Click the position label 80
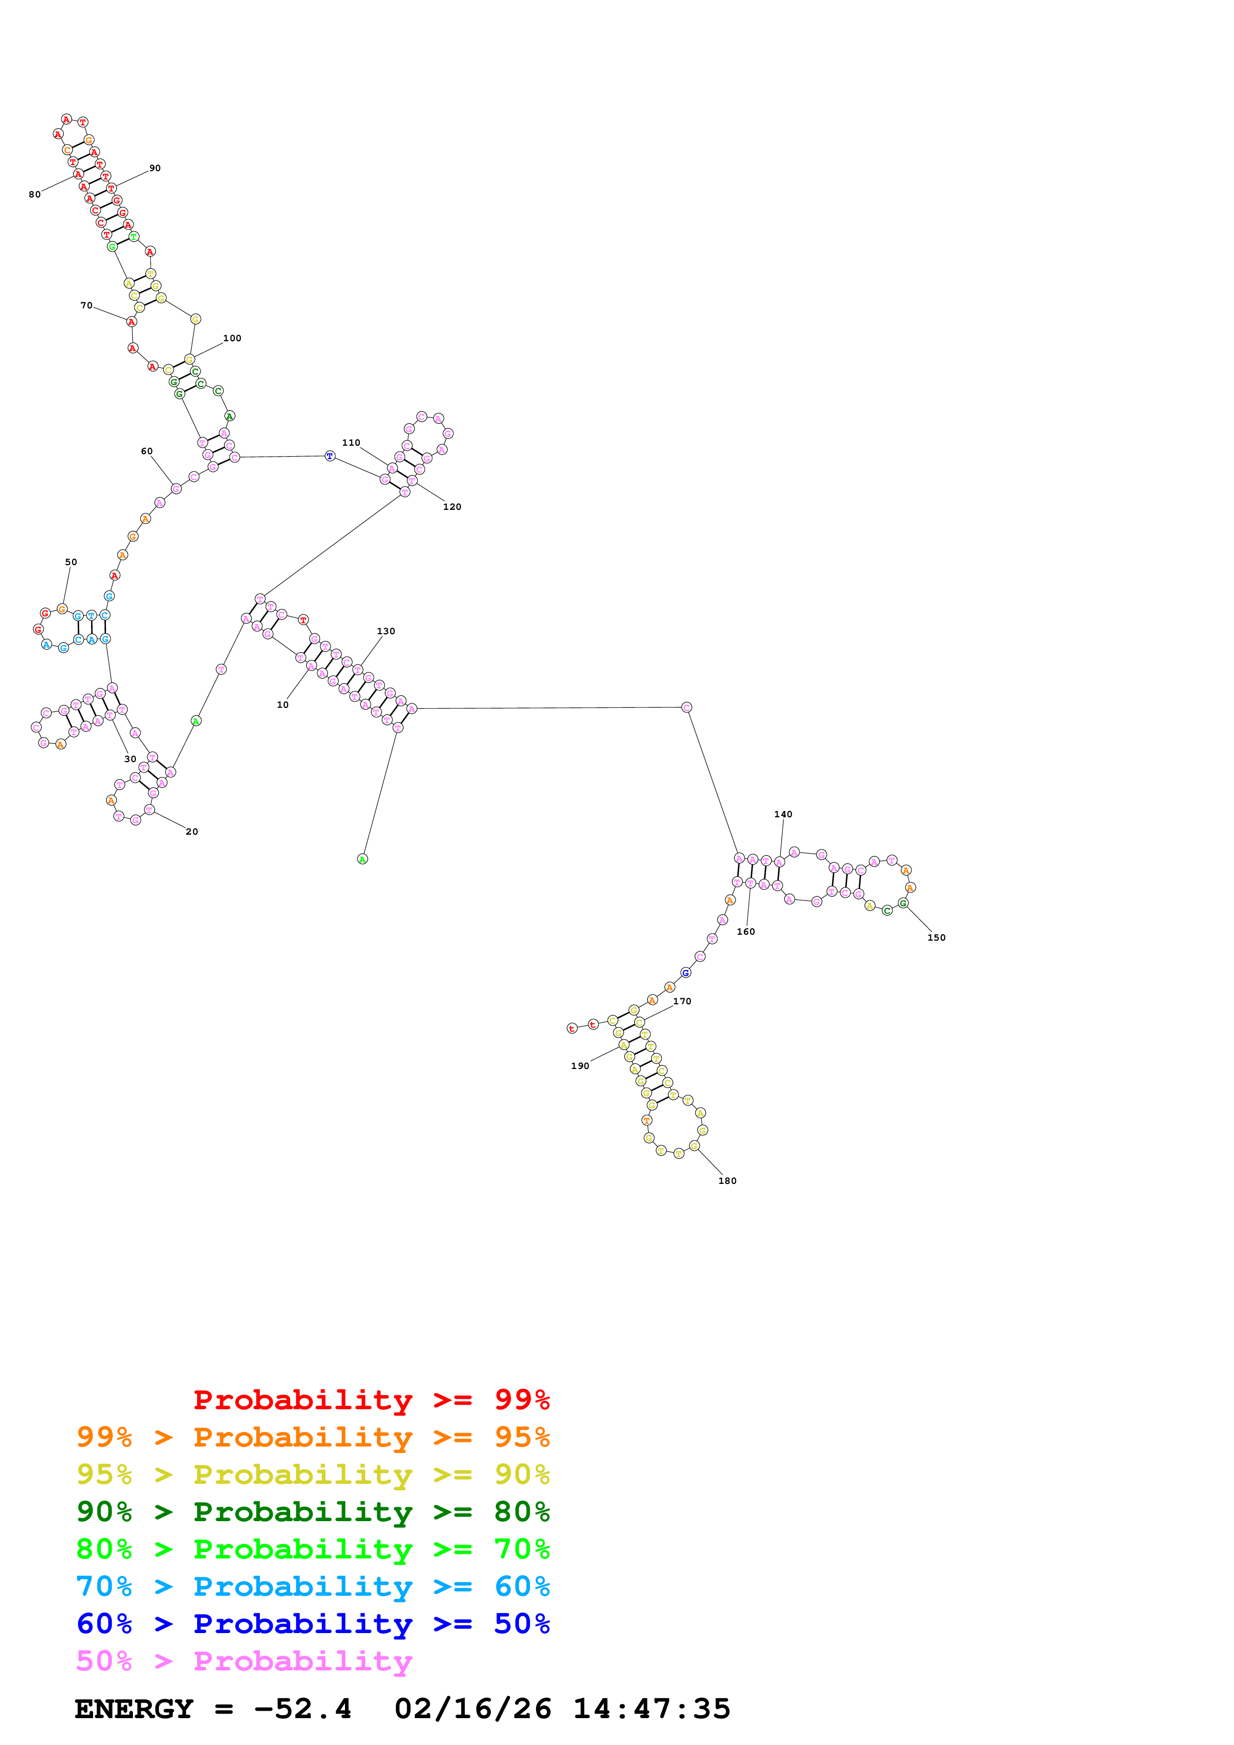click(34, 194)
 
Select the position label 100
click(232, 338)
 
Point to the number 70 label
click(87, 305)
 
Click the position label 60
click(147, 451)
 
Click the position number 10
click(283, 704)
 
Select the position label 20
click(192, 831)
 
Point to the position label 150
click(936, 937)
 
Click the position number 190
click(580, 1066)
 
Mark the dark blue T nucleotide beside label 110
click(329, 456)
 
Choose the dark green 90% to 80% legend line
click(313, 1512)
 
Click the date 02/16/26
click(473, 1709)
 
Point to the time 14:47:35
click(652, 1709)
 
